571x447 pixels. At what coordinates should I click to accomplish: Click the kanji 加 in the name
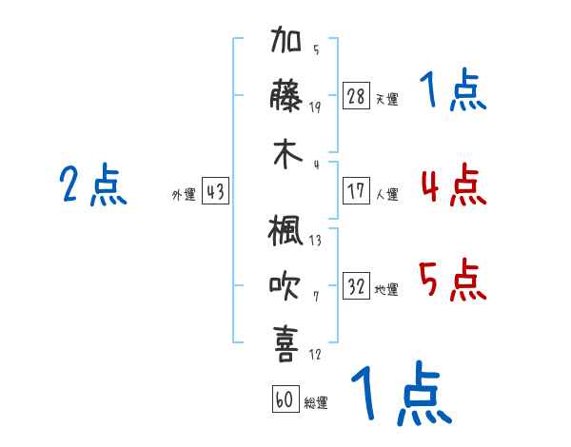click(285, 39)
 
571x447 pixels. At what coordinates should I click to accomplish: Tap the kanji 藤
click(285, 95)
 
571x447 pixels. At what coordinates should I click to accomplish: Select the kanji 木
click(287, 154)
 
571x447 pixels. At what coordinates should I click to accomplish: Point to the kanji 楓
click(285, 230)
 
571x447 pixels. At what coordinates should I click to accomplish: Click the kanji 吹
click(285, 285)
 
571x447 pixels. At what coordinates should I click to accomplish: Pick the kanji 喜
click(285, 343)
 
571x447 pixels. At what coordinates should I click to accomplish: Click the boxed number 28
click(356, 95)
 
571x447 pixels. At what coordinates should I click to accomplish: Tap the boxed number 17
click(356, 191)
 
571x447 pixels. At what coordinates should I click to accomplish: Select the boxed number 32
click(356, 285)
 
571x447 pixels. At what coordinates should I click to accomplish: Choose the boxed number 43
click(215, 191)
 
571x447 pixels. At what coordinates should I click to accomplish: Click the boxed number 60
click(285, 398)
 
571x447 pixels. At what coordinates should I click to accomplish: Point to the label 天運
click(387, 99)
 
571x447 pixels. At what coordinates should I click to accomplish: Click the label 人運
click(387, 194)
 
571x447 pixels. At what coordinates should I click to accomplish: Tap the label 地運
click(386, 290)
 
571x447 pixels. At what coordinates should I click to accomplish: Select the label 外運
click(184, 194)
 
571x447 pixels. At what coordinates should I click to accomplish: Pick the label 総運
click(316, 403)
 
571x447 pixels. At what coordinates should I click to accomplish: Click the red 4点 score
click(454, 185)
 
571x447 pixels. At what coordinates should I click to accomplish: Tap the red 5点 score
click(452, 280)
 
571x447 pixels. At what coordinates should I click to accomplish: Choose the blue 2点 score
click(93, 185)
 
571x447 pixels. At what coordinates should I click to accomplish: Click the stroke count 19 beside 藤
click(315, 107)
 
